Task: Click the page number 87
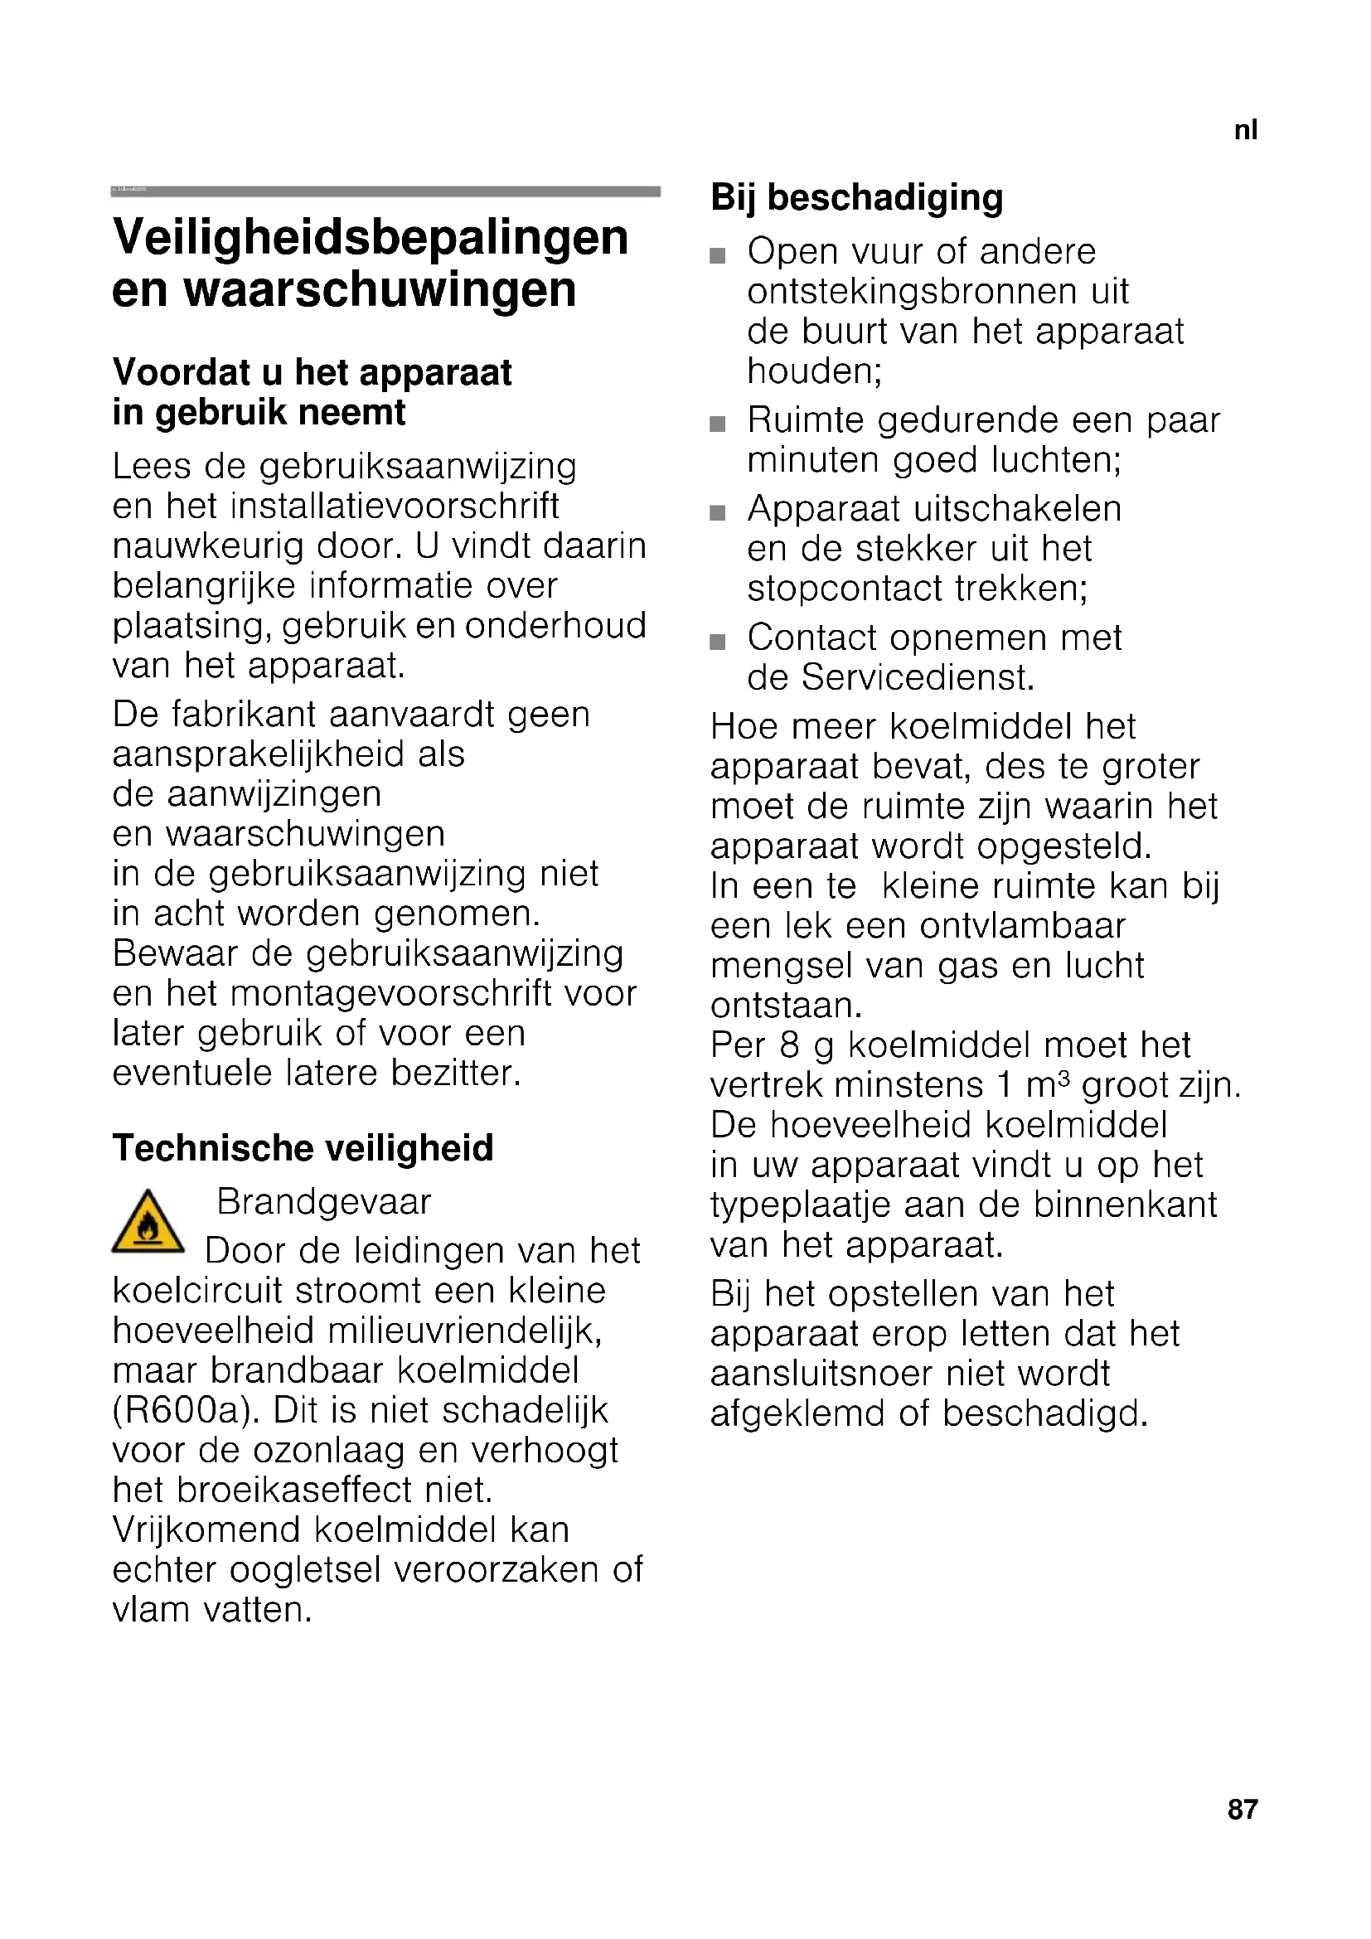click(1242, 1810)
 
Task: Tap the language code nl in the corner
click(1245, 130)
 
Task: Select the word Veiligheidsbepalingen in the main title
click(371, 237)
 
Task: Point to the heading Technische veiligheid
click(303, 1148)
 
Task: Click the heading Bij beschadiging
click(857, 197)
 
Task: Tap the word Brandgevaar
click(324, 1202)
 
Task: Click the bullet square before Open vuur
click(718, 255)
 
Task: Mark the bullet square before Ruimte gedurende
click(718, 424)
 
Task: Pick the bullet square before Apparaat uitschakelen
click(718, 512)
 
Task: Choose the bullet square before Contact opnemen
click(718, 642)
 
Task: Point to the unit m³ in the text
click(1049, 1085)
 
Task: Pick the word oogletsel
click(307, 1570)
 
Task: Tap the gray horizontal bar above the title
click(385, 191)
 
